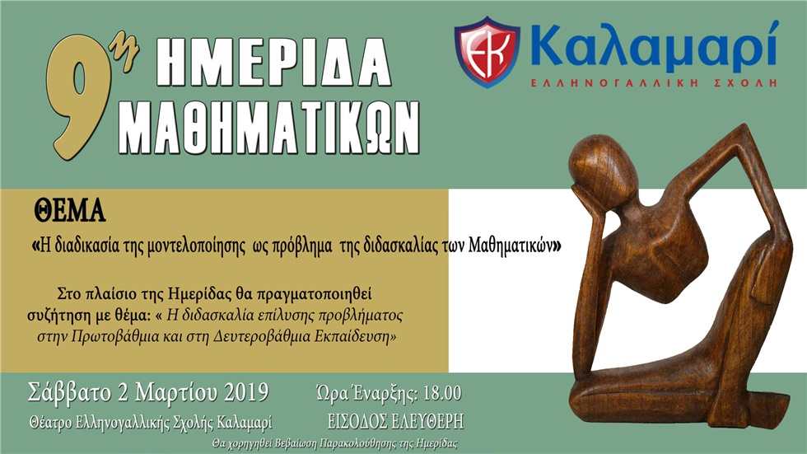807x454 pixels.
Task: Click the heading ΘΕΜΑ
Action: [70, 213]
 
